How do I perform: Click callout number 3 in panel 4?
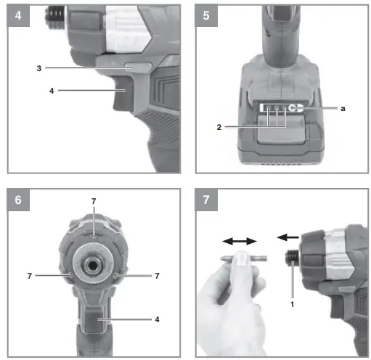39,67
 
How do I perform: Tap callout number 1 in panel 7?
293,305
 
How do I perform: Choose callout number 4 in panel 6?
157,319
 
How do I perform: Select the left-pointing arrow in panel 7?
288,237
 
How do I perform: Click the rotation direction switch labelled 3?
138,67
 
